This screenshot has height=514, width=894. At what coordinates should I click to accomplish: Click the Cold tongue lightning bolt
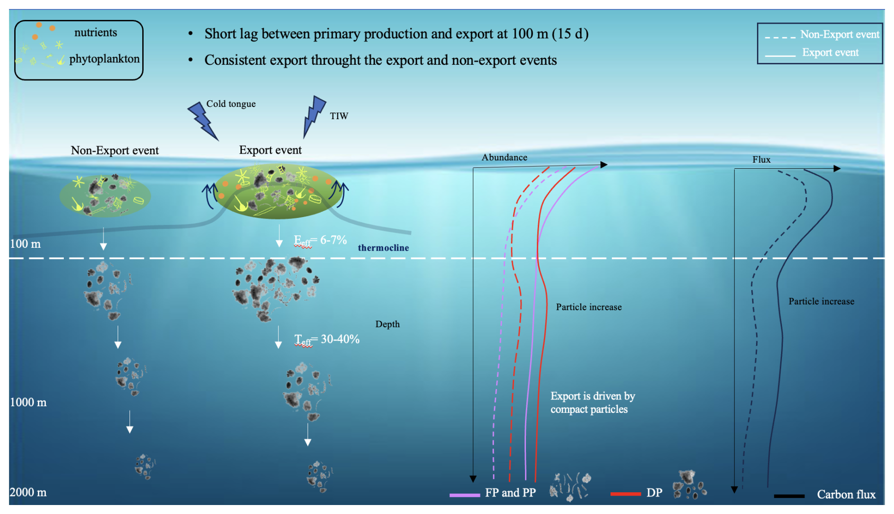(203, 121)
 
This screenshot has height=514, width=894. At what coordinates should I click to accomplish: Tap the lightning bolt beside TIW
(314, 115)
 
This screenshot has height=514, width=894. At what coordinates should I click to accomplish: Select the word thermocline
(383, 248)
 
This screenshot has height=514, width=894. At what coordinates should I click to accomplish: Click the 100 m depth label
(26, 244)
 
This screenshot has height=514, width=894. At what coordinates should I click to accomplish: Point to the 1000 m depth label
(28, 402)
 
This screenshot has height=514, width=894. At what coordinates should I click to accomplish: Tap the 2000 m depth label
(28, 492)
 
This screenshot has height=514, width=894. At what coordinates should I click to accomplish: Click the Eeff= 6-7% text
(320, 240)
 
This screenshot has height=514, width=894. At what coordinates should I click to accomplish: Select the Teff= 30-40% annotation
(327, 339)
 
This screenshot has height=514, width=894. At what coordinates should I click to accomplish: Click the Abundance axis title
(504, 157)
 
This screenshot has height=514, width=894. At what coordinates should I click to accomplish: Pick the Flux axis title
(761, 160)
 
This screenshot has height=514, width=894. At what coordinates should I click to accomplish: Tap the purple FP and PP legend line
(464, 495)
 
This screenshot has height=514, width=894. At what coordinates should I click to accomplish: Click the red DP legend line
(625, 494)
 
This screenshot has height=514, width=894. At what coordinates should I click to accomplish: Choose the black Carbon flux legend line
(789, 496)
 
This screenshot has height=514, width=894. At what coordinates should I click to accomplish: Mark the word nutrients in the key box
(95, 33)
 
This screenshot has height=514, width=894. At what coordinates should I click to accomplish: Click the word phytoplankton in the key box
(104, 59)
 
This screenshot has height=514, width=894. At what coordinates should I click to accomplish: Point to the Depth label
(387, 324)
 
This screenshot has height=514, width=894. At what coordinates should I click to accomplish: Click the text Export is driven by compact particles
(593, 402)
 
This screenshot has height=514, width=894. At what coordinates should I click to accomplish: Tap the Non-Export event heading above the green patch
(115, 150)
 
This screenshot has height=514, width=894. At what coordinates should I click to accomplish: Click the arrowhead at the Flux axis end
(837, 168)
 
